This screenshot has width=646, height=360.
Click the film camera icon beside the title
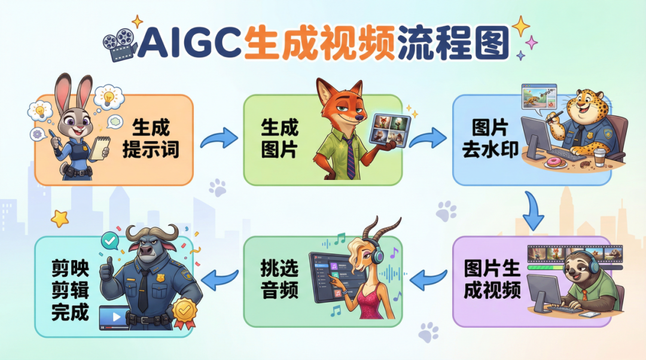[x=120, y=44]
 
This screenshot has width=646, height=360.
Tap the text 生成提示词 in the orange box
[x=151, y=138]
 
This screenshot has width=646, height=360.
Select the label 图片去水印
[x=490, y=138]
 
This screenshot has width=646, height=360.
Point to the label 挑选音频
[x=279, y=279]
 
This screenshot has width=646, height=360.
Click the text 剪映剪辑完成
[x=71, y=290]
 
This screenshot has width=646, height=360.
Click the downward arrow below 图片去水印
[x=534, y=210]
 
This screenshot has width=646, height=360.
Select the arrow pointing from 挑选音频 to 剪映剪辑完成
[x=220, y=280]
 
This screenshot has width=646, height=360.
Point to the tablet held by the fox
[x=389, y=130]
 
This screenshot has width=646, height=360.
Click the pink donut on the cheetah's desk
[x=553, y=163]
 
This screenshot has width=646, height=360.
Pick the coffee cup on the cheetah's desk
[x=600, y=157]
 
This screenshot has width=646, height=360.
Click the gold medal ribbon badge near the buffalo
[x=185, y=312]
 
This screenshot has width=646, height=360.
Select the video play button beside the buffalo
[x=115, y=317]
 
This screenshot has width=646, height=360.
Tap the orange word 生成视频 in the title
[x=319, y=43]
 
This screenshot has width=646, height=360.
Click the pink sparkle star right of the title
[x=531, y=42]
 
